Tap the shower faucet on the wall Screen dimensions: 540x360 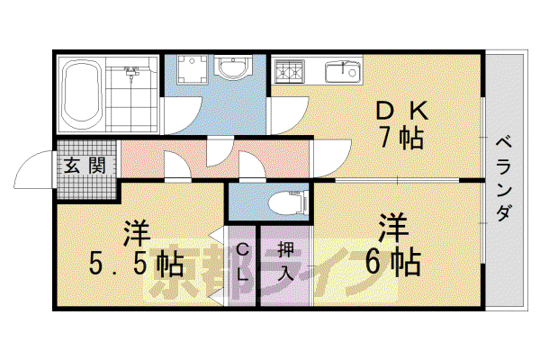(131, 72)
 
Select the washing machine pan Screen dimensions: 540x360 (193, 70)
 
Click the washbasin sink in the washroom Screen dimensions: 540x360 (233, 67)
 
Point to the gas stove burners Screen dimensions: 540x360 (290, 72)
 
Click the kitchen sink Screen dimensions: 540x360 (343, 71)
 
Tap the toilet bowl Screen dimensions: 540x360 (288, 202)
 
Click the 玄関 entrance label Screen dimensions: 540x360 (85, 166)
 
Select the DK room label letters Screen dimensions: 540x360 (402, 111)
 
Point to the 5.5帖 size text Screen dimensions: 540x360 (137, 265)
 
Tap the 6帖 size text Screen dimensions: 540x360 (393, 263)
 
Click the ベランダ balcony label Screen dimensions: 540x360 (504, 178)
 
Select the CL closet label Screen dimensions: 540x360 (243, 262)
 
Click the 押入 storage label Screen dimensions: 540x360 (285, 261)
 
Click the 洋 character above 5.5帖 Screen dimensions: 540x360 (137, 234)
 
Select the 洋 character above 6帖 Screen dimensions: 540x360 (393, 228)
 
